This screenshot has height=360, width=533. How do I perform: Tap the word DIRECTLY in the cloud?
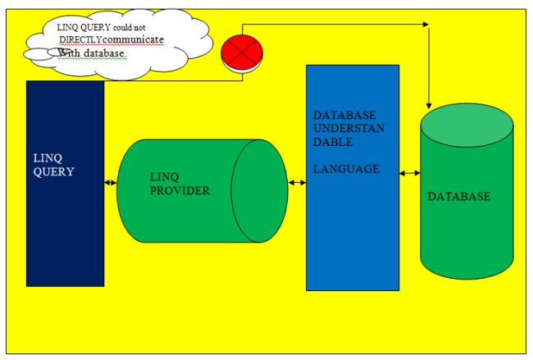80,39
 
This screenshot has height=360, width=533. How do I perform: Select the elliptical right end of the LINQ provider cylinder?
259,190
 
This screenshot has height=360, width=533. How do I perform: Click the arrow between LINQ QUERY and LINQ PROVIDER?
111,183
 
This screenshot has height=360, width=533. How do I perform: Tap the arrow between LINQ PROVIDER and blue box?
297,182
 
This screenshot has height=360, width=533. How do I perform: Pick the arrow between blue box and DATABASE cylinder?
410,173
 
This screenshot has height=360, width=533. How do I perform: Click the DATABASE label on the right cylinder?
459,197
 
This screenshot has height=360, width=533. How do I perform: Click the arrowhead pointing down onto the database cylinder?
428,105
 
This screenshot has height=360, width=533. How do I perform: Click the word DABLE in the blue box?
331,141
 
